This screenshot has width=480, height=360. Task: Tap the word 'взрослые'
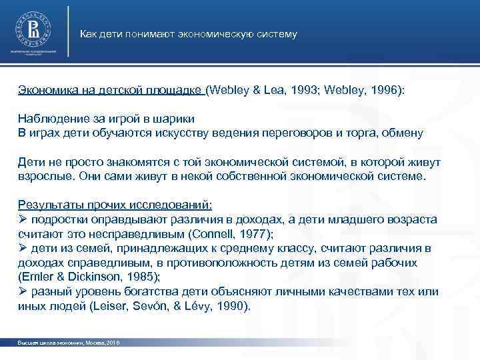pyautogui.click(x=42, y=177)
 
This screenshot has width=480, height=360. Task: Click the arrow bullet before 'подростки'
pyautogui.click(x=23, y=220)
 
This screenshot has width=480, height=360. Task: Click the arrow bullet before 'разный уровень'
pyautogui.click(x=23, y=293)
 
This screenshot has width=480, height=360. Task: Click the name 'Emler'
pyautogui.click(x=36, y=277)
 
